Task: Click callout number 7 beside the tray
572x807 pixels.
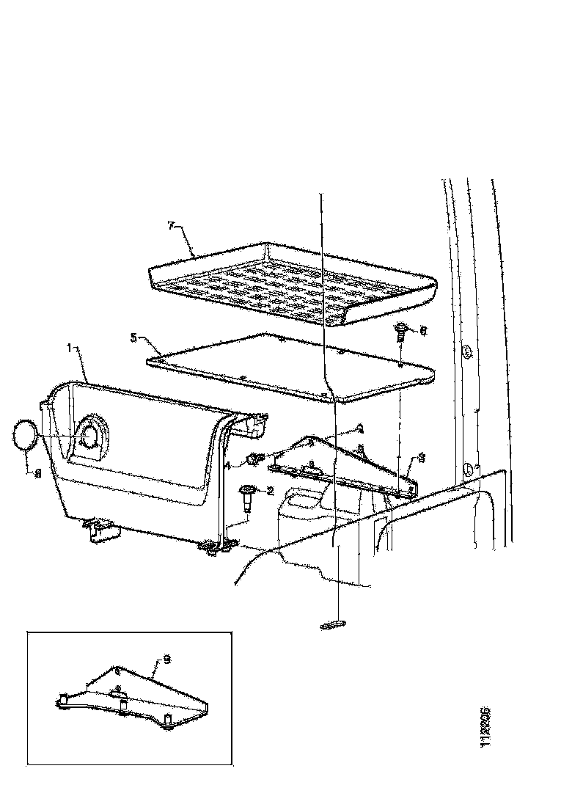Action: (x=170, y=227)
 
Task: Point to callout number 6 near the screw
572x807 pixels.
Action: (x=423, y=331)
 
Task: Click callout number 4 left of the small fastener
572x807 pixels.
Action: (x=228, y=465)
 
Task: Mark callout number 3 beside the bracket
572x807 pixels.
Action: (x=421, y=460)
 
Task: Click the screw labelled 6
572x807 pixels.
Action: (x=403, y=335)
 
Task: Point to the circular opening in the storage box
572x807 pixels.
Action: (x=92, y=436)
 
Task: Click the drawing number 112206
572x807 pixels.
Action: (x=485, y=728)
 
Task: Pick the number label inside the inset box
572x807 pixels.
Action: (x=167, y=660)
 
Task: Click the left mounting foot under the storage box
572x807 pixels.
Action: (x=99, y=530)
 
